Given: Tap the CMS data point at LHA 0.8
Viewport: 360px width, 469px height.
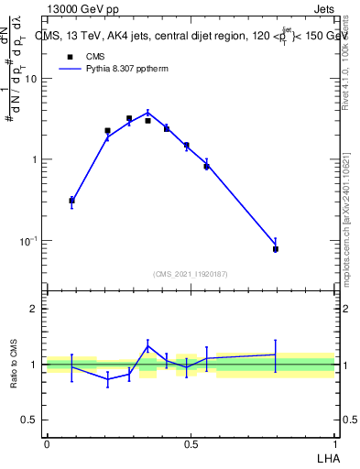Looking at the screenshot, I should [x=276, y=248].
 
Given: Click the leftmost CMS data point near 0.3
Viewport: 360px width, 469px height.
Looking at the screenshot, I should [x=71, y=200].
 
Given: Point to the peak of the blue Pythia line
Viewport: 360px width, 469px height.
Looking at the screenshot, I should [x=147, y=114].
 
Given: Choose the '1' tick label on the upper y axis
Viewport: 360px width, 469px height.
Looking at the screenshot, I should [x=34, y=159].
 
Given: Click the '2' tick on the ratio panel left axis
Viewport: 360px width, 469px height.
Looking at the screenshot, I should [x=34, y=309].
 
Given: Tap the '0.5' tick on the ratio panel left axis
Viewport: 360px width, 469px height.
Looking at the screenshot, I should [x=30, y=420].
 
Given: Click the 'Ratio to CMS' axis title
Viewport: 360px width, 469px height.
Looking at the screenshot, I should [x=14, y=364].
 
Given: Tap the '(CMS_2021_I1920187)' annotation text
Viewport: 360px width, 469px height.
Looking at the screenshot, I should [x=191, y=273].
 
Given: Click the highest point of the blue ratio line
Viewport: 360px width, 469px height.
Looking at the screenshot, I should [x=147, y=346].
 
